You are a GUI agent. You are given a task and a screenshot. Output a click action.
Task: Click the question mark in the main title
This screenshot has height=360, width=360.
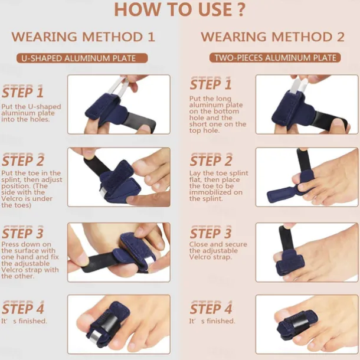(x=241, y=9)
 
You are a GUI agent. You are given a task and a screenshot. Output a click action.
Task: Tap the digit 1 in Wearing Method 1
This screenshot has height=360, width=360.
(x=151, y=37)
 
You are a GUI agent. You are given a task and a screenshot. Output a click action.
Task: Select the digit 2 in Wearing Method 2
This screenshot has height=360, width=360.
(x=341, y=37)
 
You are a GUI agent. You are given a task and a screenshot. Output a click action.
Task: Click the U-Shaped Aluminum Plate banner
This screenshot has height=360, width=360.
(x=82, y=58)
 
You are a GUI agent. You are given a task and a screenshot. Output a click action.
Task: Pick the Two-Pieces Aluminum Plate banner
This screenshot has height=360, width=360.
(x=275, y=58)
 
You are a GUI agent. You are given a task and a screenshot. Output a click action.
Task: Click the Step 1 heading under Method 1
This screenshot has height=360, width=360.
(x=22, y=92)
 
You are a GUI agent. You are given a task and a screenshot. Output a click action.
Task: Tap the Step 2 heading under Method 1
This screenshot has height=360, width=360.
(x=23, y=161)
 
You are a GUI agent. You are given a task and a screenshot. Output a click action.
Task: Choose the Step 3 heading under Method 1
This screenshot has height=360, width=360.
(x=22, y=233)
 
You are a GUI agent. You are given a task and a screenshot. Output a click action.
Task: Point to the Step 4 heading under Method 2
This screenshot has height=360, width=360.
(x=211, y=308)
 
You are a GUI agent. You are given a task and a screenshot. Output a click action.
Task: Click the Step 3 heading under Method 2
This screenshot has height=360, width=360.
(x=211, y=233)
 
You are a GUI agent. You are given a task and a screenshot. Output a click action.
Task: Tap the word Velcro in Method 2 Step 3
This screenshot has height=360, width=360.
(x=199, y=257)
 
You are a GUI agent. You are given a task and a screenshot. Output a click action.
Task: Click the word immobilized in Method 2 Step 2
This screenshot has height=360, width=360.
(x=211, y=192)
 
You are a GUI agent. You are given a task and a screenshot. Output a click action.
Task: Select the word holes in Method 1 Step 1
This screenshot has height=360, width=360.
(x=42, y=119)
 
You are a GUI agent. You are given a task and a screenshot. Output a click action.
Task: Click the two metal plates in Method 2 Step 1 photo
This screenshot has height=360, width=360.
(x=299, y=86)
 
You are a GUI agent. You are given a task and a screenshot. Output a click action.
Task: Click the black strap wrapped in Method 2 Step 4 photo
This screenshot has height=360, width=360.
(x=300, y=323)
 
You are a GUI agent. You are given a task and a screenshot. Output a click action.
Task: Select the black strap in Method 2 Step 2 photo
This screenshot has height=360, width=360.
(x=303, y=161)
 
